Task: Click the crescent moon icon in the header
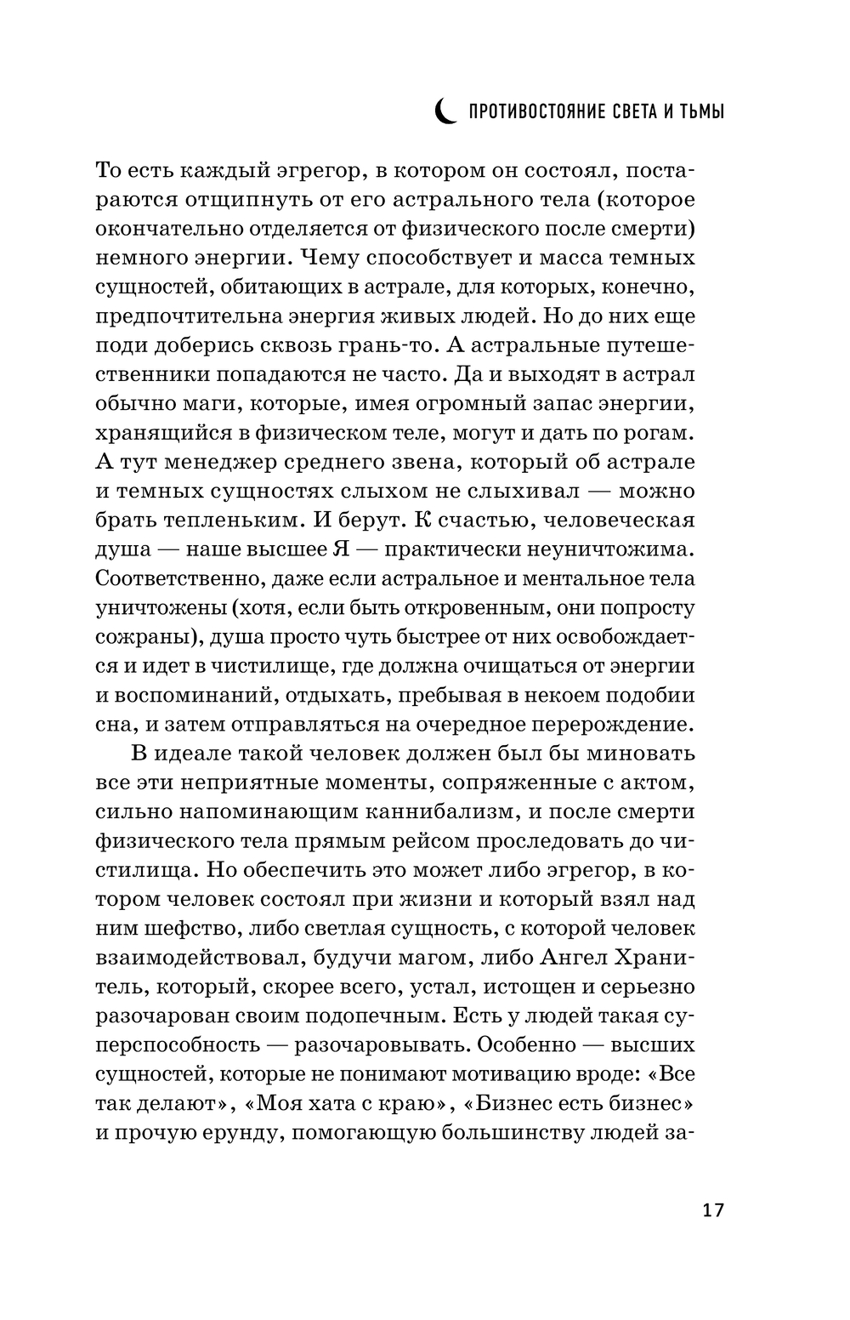tap(445, 111)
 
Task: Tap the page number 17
tap(713, 1210)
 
